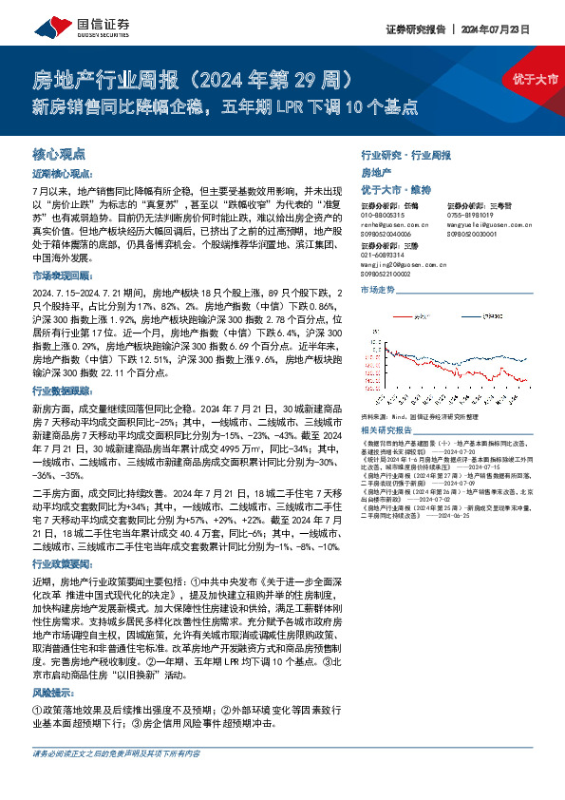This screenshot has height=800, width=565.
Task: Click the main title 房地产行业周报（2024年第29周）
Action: pos(198,76)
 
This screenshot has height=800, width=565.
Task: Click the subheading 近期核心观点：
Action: pos(63,174)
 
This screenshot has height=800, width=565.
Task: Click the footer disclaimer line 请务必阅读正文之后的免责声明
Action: pos(116,780)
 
